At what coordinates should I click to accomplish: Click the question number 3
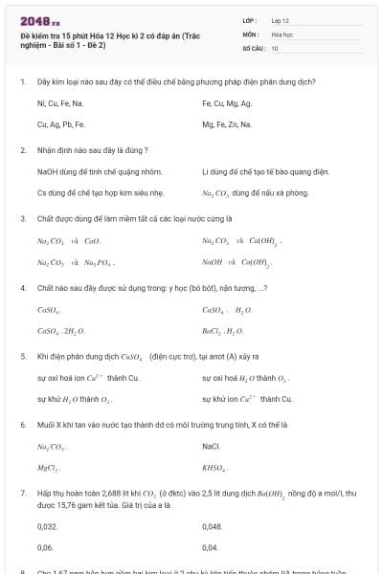22,219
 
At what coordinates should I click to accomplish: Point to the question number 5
22,355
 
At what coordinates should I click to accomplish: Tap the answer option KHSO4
215,469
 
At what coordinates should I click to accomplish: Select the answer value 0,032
47,526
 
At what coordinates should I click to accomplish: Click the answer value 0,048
213,526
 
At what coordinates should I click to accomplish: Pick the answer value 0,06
45,548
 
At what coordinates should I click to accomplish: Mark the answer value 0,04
211,548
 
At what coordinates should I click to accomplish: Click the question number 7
22,492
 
